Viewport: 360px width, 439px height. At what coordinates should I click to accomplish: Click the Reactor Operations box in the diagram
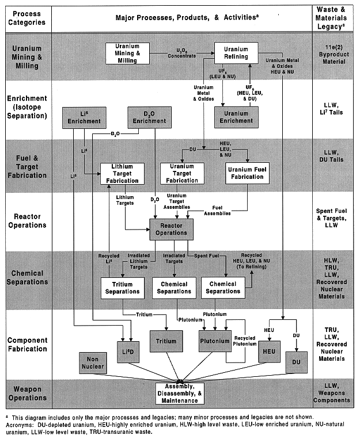coord(171,228)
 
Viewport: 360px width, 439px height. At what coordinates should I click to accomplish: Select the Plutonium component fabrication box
coord(215,341)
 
